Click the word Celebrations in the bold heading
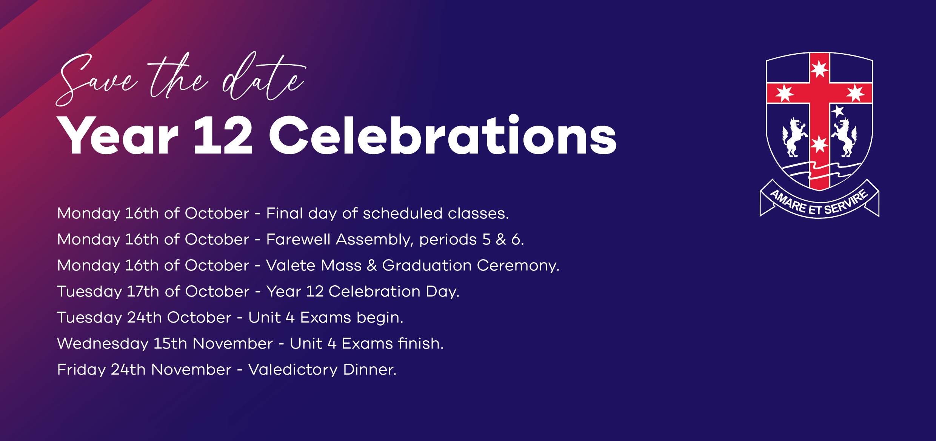443,135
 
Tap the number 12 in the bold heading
223,135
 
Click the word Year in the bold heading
117,135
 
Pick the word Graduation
427,265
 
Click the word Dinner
370,369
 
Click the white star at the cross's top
819,69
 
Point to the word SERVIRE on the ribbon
846,203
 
